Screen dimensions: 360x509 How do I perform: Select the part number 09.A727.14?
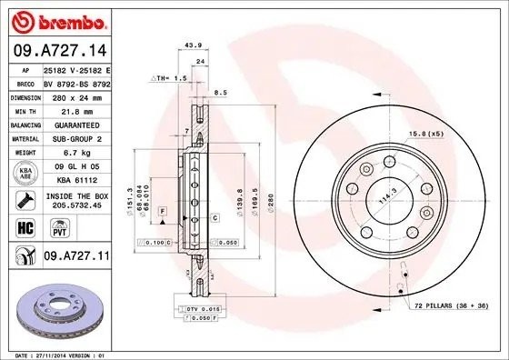(x=57, y=51)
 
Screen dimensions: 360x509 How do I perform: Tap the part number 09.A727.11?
(x=75, y=258)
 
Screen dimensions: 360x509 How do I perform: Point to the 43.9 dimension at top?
(x=193, y=45)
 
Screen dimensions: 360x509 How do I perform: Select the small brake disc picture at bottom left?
(x=57, y=306)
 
